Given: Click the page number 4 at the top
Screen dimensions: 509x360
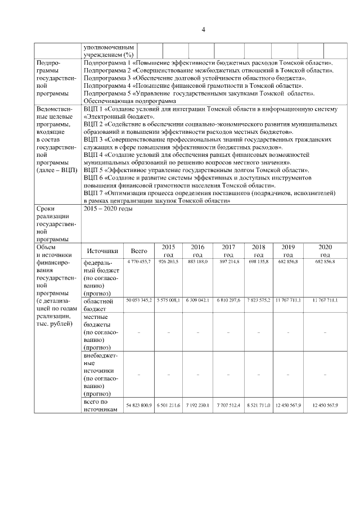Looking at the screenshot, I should click(204, 30).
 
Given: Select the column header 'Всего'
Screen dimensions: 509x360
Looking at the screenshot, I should click(139, 251).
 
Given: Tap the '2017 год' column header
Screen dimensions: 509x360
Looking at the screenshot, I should click(228, 251).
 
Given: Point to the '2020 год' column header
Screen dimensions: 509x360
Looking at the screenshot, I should click(325, 251).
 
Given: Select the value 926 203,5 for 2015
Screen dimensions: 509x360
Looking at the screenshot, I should click(168, 262).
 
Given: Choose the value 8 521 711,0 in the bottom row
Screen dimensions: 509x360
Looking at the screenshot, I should click(259, 406).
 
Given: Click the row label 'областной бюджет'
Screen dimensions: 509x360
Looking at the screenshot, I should click(98, 305).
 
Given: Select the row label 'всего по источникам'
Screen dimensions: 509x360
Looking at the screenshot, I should click(100, 406).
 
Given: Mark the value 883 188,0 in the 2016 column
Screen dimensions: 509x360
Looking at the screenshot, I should click(197, 262).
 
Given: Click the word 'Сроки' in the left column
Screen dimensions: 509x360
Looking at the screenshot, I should click(45, 209).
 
